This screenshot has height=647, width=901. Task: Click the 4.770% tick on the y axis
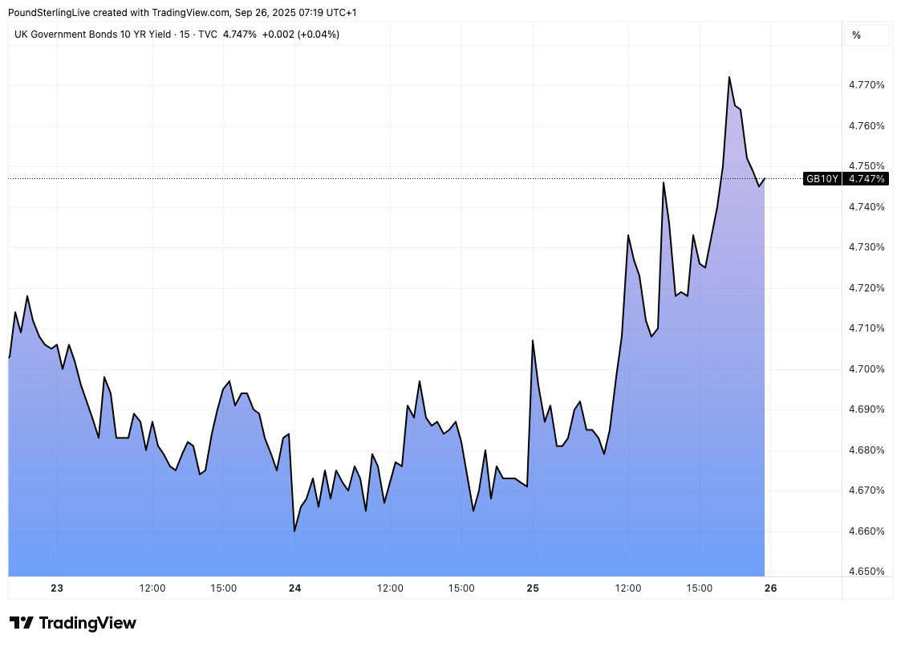point(866,85)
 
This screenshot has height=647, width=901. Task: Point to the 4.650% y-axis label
point(866,572)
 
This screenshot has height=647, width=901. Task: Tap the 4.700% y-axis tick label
point(866,369)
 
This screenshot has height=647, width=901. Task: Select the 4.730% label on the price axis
point(866,247)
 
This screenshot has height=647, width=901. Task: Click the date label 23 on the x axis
point(57,588)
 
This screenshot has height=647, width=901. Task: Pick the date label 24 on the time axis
point(294,588)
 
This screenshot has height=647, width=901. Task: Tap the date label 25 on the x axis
point(533,588)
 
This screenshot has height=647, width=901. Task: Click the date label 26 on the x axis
point(770,588)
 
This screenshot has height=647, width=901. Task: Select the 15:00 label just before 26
point(700,588)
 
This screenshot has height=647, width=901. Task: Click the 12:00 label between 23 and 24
point(152,588)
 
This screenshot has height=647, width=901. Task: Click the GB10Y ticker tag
point(822,179)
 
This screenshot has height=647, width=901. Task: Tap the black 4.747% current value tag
point(866,179)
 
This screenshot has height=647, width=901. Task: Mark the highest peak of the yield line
point(729,77)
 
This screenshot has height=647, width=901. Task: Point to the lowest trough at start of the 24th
point(294,531)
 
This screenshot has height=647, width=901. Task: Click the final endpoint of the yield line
point(765,178)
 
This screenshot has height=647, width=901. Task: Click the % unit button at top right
point(857,35)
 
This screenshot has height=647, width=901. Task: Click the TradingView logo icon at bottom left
point(22,623)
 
